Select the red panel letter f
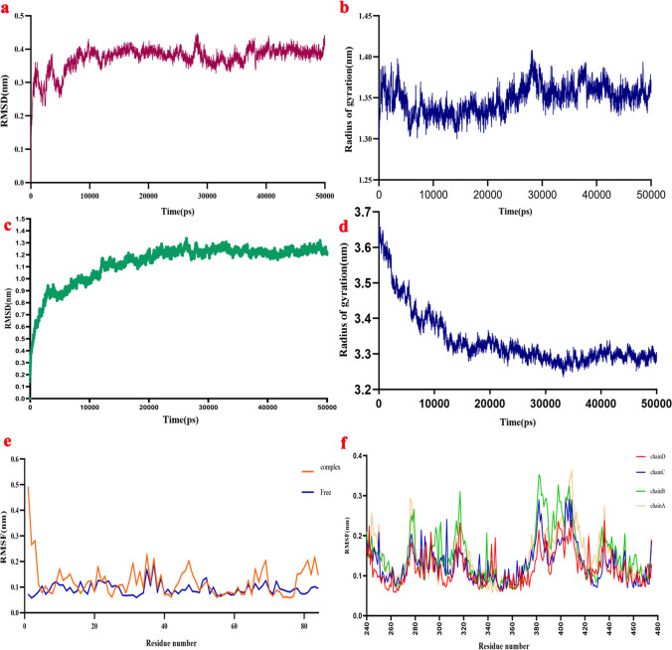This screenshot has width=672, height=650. pos(345,434)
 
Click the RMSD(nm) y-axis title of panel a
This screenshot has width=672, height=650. pos(7,97)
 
